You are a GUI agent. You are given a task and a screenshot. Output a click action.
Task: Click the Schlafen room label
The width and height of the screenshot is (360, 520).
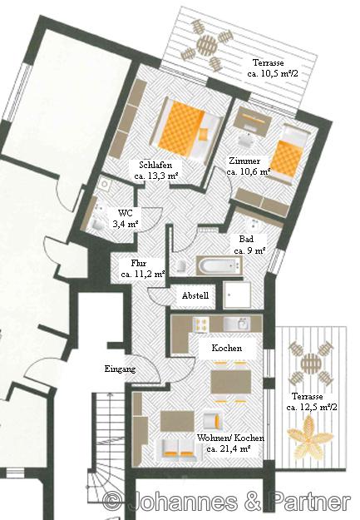pyautogui.click(x=155, y=165)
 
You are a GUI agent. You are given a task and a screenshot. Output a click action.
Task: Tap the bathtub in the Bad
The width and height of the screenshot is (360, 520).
pyautogui.click(x=219, y=265)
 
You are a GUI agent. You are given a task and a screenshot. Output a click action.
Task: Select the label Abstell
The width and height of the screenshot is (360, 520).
pyautogui.click(x=195, y=295)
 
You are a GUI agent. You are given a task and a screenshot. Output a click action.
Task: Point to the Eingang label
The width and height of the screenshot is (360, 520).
pyautogui.click(x=120, y=369)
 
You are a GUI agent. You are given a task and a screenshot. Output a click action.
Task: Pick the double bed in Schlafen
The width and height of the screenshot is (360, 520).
pyautogui.click(x=188, y=130)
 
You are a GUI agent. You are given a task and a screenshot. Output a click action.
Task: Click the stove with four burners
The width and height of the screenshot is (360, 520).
pyautogui.click(x=201, y=324)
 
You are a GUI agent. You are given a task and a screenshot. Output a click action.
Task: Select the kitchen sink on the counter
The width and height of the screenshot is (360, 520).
pyautogui.click(x=237, y=324)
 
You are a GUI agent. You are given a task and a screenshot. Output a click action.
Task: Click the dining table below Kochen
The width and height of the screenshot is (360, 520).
pyautogui.click(x=231, y=382)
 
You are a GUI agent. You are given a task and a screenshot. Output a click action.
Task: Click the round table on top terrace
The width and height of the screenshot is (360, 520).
pyautogui.click(x=208, y=43)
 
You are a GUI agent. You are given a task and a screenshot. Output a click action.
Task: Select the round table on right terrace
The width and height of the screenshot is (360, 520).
pyautogui.click(x=311, y=363)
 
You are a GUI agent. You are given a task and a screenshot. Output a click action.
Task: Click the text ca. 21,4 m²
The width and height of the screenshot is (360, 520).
pyautogui.click(x=228, y=449)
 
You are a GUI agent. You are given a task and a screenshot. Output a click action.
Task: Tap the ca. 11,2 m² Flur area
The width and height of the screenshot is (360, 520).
pyautogui.click(x=143, y=275)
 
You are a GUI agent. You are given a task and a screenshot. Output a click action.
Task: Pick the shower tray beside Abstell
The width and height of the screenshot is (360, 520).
pyautogui.click(x=237, y=295)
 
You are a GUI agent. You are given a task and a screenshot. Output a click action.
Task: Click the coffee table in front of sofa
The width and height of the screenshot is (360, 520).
pyautogui.click(x=177, y=421)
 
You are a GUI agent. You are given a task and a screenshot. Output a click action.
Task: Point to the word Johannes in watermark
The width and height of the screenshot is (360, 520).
pyautogui.click(x=184, y=502)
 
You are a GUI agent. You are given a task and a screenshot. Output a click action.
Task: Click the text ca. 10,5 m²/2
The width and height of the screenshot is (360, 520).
pyautogui.click(x=273, y=73)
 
